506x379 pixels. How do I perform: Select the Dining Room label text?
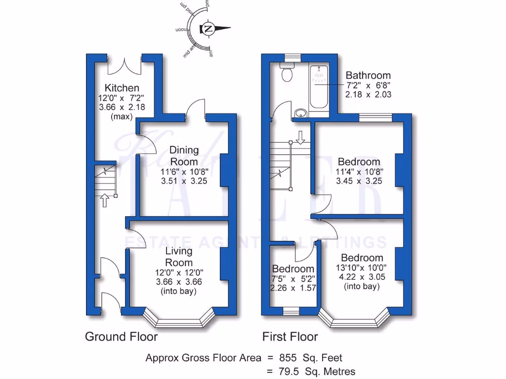pos(184,155)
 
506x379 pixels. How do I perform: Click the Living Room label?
pos(179,257)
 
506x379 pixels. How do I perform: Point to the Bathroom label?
pos(368,76)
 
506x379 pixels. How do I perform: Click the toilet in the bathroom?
pos(287,74)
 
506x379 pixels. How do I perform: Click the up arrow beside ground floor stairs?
pos(104,200)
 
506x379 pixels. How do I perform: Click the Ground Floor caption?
pos(122,337)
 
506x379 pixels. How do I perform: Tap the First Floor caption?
pos(290,337)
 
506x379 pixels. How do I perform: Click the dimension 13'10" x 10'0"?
pos(362,267)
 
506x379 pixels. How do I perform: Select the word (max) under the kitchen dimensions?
pos(121,116)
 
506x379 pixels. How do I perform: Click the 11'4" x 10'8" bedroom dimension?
pos(359,171)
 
